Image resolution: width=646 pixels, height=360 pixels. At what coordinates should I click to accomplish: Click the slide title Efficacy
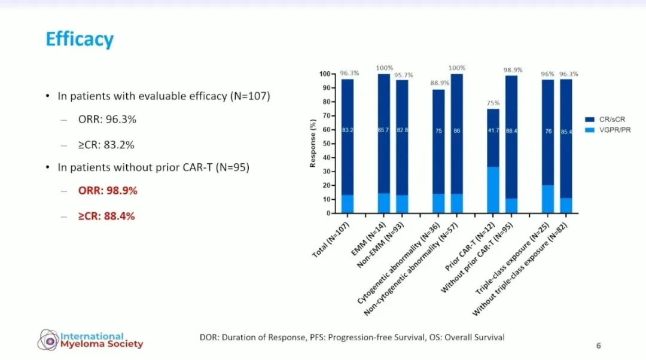pos(80,39)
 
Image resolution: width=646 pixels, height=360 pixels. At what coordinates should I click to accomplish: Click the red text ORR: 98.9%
pos(108,191)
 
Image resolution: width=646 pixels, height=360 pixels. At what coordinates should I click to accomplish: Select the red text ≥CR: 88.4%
pos(106,216)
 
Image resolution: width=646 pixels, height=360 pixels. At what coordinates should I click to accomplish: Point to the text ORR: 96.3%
pos(107,120)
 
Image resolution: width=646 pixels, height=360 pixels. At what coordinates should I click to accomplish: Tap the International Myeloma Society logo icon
pos(48,340)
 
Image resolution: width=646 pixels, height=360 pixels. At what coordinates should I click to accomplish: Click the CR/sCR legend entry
pos(605,120)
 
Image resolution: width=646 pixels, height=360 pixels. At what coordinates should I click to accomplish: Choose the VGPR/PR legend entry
pos(608,130)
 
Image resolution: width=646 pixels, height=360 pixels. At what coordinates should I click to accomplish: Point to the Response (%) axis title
pos(313,144)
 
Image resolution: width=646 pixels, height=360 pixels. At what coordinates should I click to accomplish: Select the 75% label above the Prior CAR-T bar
pos(493,103)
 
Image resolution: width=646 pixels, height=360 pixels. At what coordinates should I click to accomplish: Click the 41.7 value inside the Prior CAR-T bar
pos(493,130)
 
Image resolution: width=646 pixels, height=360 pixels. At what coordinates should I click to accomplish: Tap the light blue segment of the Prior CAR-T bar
pos(493,190)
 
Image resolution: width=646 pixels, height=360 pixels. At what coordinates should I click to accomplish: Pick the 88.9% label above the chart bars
pos(440,83)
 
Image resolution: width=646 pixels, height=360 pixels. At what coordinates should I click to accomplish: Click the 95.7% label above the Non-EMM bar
pos(403,75)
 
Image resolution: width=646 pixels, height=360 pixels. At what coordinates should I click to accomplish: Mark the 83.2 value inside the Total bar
pos(348,130)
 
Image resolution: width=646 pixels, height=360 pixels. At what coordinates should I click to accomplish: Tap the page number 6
pos(599,346)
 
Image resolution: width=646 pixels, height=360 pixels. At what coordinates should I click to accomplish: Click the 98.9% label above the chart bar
pos(513,70)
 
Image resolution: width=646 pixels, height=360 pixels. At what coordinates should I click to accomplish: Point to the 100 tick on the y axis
pos(325,74)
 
